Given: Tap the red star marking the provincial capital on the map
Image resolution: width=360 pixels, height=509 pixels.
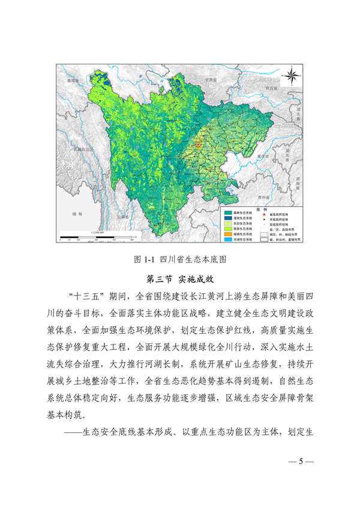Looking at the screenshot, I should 198,145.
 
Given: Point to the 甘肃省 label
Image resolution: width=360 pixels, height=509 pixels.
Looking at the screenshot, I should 209,79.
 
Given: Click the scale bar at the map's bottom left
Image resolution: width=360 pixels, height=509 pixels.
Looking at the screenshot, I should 97,236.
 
